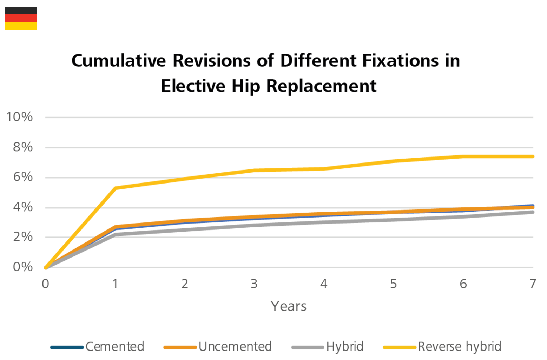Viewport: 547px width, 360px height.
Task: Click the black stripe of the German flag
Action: pyautogui.click(x=21, y=11)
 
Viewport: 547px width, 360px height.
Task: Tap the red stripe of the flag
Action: pyautogui.click(x=21, y=18)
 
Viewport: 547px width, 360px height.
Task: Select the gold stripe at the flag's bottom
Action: pyautogui.click(x=21, y=26)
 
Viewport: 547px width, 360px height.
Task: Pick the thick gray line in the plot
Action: pyautogui.click(x=316, y=225)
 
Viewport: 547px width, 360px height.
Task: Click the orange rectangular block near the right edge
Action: pyautogui.click(x=477, y=200)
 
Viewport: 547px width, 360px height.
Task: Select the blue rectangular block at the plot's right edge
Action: pyautogui.click(x=518, y=199)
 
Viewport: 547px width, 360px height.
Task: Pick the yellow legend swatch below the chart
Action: pyautogui.click(x=395, y=333)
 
